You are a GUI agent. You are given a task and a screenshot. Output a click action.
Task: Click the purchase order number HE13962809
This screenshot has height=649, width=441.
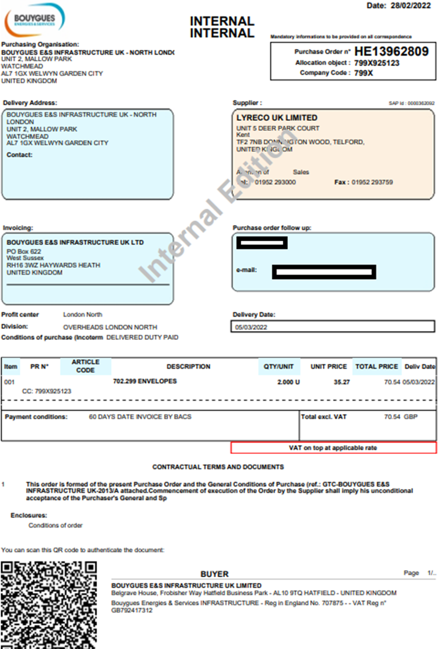[391, 52]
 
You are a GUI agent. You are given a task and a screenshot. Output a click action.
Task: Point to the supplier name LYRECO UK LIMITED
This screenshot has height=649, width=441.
[277, 118]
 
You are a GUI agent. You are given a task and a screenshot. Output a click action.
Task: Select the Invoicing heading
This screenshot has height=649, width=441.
[18, 228]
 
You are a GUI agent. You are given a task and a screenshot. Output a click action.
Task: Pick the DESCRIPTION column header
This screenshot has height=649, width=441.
[188, 367]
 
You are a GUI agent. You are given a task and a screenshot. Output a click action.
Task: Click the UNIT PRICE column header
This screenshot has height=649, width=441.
[328, 367]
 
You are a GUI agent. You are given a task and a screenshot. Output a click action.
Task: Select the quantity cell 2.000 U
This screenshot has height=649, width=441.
[288, 382]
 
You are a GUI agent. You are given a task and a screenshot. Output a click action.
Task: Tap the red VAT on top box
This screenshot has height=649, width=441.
[333, 448]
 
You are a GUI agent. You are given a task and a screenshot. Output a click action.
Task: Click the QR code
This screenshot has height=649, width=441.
[48, 605]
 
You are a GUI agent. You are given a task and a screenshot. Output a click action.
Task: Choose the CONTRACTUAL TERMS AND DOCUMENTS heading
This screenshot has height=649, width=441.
[218, 467]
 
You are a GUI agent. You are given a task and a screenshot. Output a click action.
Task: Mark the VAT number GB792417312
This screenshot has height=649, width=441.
[132, 610]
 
